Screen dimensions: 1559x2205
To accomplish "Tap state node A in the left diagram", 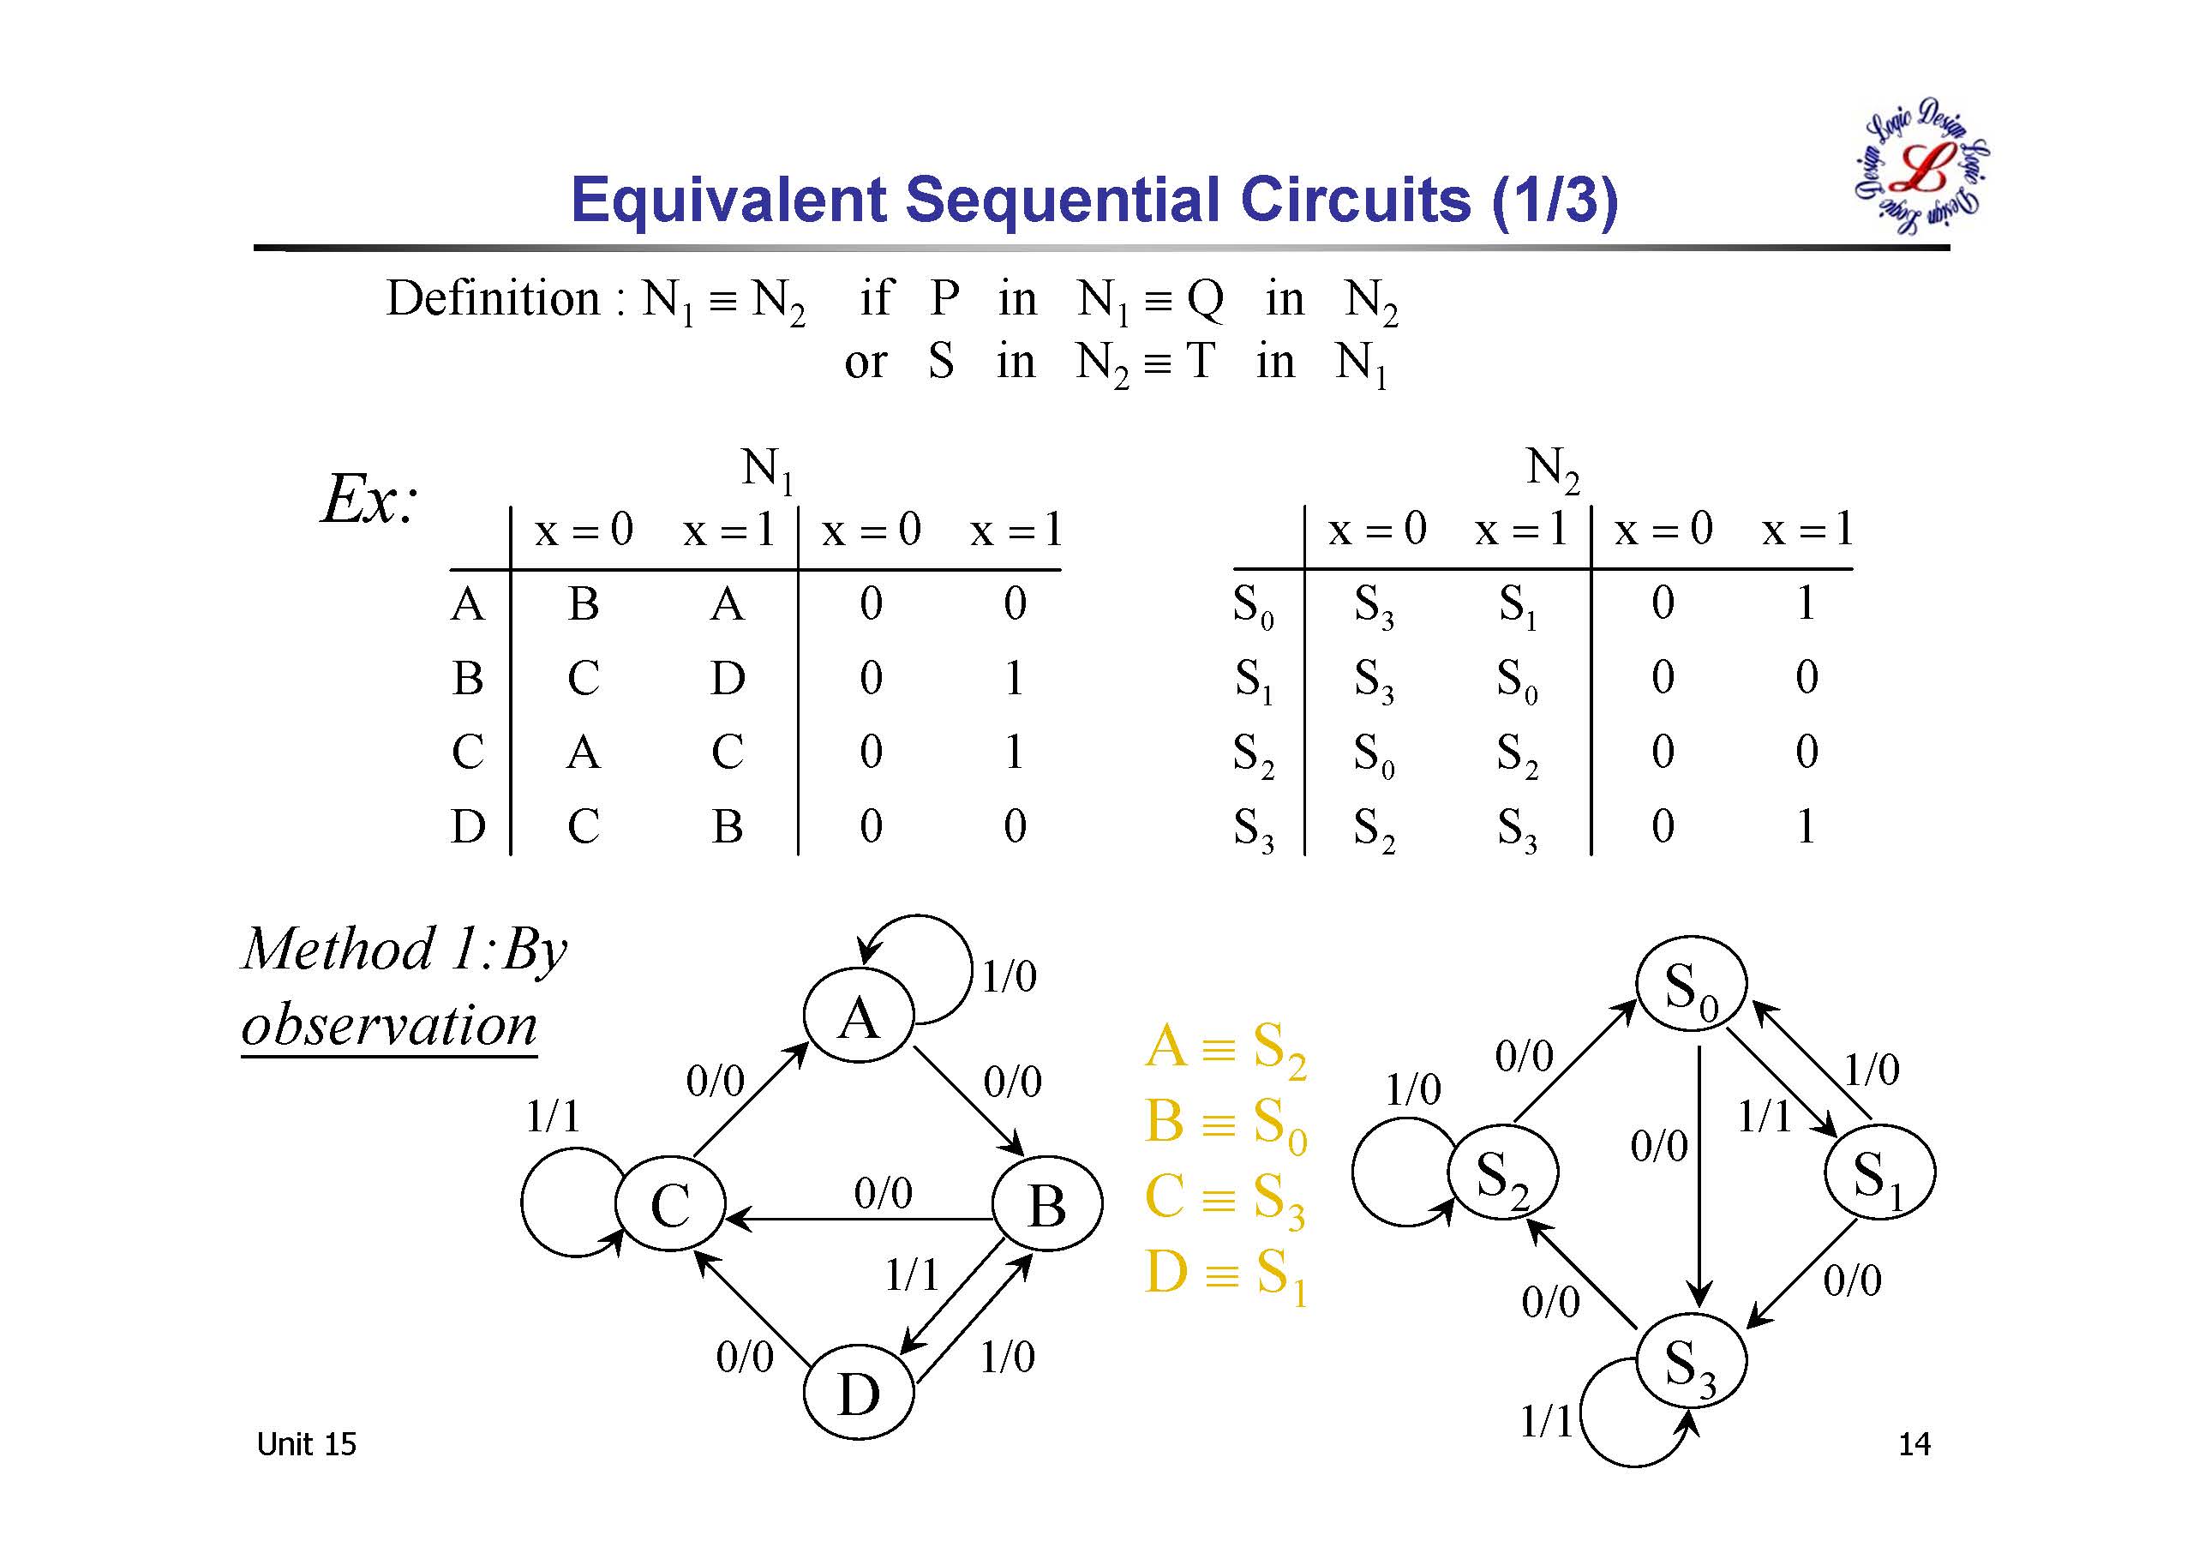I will (859, 1017).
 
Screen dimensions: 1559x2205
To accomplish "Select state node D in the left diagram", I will (858, 1393).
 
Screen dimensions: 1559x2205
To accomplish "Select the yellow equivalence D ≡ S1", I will (1225, 1274).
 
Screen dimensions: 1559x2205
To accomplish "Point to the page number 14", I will (1914, 1444).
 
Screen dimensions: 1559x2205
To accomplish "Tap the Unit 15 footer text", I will (306, 1444).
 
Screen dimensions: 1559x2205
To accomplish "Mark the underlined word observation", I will (389, 1025).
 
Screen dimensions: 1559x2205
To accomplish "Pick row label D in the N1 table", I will (468, 826).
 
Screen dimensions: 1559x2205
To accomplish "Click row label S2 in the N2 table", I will (1253, 753).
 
